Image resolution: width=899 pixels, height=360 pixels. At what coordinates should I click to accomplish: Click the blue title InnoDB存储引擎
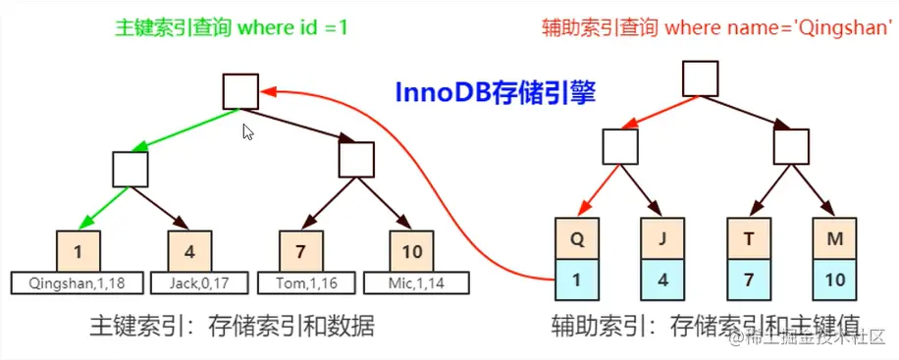[496, 92]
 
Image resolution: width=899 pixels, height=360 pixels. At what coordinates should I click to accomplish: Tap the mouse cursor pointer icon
[248, 131]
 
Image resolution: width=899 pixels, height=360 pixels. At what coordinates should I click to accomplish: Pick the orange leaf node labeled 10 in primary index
[412, 251]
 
